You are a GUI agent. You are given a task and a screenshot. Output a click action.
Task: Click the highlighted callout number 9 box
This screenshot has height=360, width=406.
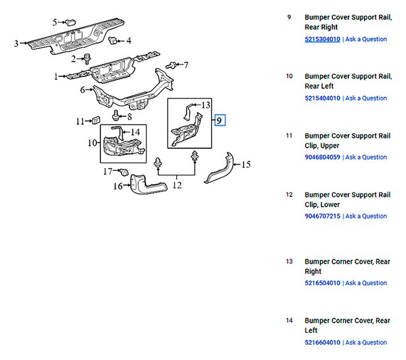pyautogui.click(x=220, y=120)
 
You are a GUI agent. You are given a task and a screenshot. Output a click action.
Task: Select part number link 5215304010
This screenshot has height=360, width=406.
pyautogui.click(x=322, y=40)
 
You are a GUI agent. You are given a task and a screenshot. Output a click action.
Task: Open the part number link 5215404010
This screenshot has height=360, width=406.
pyautogui.click(x=322, y=98)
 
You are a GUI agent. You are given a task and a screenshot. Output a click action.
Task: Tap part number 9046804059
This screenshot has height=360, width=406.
pyautogui.click(x=322, y=157)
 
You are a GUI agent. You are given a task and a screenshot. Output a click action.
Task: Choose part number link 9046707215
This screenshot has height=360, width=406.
pyautogui.click(x=322, y=216)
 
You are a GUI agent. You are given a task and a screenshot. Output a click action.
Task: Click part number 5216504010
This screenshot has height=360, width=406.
pyautogui.click(x=322, y=283)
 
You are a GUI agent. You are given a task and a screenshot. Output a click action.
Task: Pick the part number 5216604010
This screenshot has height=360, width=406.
pyautogui.click(x=322, y=342)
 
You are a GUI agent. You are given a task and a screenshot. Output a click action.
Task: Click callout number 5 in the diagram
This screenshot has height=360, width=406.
pyautogui.click(x=55, y=23)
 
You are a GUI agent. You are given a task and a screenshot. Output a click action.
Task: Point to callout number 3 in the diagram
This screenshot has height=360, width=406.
pyautogui.click(x=16, y=43)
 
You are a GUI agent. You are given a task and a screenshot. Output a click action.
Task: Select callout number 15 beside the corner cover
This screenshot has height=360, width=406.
pyautogui.click(x=245, y=165)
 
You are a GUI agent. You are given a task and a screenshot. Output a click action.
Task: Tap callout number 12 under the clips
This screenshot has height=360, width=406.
pyautogui.click(x=177, y=184)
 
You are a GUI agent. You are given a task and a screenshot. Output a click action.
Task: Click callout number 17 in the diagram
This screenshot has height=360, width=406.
pyautogui.click(x=108, y=171)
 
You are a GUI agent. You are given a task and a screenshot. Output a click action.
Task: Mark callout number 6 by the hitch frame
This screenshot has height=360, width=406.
pyautogui.click(x=83, y=89)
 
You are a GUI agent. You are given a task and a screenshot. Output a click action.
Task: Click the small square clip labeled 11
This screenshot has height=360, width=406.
pyautogui.click(x=96, y=120)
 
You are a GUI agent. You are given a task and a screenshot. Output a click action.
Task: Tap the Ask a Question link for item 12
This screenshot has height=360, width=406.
pyautogui.click(x=366, y=216)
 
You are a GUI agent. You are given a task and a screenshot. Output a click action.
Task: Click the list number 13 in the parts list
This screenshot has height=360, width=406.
pyautogui.click(x=289, y=262)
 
